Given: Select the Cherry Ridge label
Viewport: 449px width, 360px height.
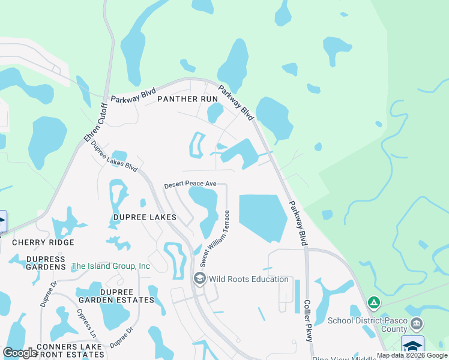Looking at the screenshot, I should (43, 242).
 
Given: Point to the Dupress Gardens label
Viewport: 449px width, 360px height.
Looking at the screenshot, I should (37, 263).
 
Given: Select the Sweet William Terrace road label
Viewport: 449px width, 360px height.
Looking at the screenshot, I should (215, 238).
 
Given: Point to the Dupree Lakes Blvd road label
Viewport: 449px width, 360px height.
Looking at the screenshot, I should (114, 157).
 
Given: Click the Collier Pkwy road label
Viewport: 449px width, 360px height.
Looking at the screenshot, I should (308, 321).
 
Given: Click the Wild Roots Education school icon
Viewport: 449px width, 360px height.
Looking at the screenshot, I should (199, 279).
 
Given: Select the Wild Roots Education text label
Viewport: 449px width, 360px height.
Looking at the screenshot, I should (249, 280).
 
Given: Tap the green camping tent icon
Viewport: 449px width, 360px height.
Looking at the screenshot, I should (373, 302).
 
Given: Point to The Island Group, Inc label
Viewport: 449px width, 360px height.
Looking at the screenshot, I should (110, 266).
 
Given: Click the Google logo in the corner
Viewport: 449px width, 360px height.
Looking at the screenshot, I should (20, 353).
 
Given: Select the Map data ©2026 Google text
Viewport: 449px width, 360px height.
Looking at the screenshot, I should (412, 355).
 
